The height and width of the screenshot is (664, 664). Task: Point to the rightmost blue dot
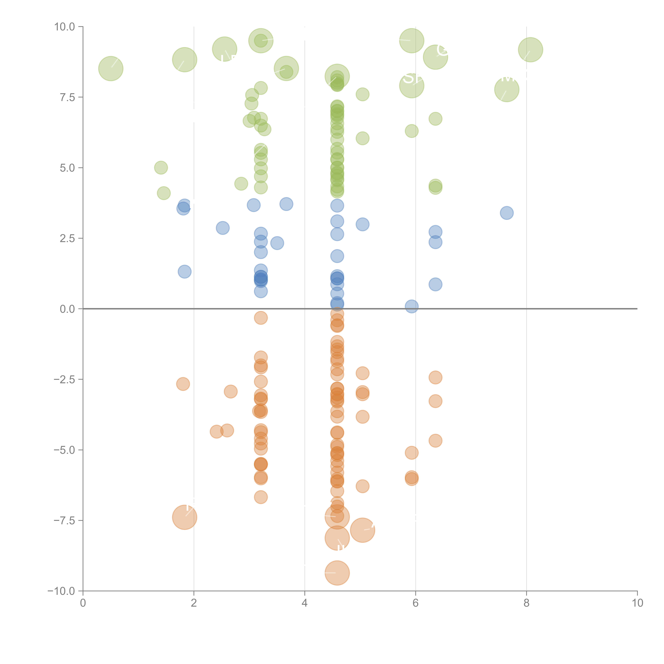[507, 213]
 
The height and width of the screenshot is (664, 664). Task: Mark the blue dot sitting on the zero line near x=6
[411, 306]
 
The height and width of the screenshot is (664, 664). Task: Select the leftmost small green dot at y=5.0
[161, 168]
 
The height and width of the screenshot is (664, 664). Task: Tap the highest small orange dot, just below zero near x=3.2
[261, 318]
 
